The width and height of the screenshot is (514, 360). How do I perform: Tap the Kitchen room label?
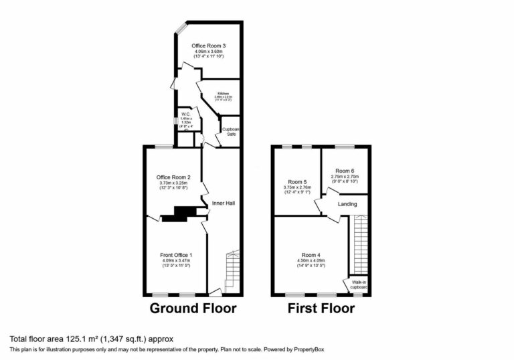222,94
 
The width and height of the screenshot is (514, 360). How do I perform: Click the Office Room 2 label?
174,177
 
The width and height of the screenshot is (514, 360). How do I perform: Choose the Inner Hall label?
224,202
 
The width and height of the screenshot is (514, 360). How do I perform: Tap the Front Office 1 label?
176,255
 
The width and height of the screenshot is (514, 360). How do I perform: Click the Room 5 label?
298,181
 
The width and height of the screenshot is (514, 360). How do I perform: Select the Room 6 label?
345,171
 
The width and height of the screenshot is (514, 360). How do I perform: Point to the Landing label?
347,205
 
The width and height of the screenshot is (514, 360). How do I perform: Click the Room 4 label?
310,254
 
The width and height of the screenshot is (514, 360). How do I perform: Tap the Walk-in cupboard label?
359,285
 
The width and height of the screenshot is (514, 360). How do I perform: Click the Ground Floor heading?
193,308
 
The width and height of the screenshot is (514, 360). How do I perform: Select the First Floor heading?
321,308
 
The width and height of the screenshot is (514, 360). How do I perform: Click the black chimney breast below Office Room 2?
180,213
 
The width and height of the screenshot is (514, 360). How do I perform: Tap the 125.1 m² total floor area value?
70,339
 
